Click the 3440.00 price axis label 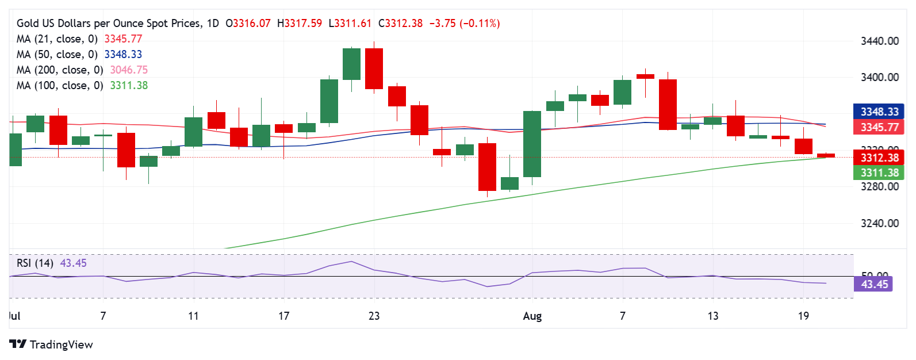point(879,41)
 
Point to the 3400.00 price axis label point(879,77)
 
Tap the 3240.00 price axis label point(879,223)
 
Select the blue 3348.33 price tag point(879,112)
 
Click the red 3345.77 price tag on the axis point(879,127)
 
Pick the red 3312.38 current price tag point(879,158)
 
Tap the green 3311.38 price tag point(879,173)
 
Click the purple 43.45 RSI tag point(874,284)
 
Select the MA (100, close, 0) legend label point(60,85)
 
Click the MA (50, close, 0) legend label point(57,54)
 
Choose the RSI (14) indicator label point(35,263)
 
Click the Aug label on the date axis point(532,316)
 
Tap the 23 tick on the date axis point(374,316)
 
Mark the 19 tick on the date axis point(803,316)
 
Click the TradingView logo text point(60,344)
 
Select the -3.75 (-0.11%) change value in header point(465,24)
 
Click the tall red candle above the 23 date point(374,68)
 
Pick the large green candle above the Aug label point(532,144)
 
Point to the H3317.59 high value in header point(300,24)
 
